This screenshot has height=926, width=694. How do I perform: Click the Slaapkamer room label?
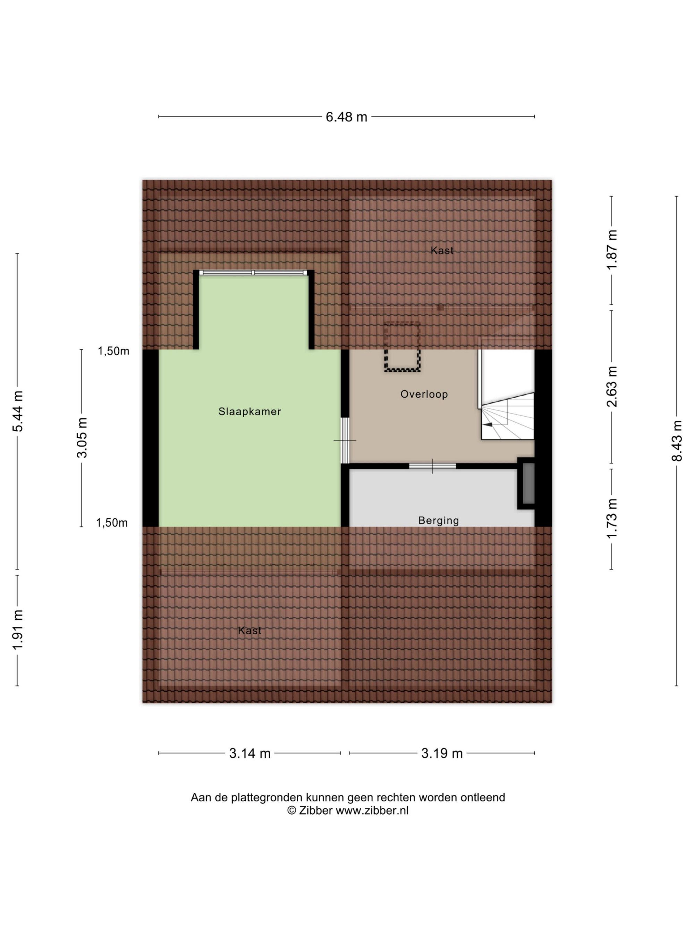[249, 411]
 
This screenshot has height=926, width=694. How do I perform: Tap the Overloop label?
[424, 394]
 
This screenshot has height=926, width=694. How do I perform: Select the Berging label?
[438, 520]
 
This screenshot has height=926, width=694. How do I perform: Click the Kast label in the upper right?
[442, 250]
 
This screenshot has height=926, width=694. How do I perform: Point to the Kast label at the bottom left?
[249, 631]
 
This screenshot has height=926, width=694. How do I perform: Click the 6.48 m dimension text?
[346, 117]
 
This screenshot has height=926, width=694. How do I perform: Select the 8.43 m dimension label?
[676, 441]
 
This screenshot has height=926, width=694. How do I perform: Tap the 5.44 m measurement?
[18, 411]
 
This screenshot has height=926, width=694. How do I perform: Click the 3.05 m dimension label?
[82, 437]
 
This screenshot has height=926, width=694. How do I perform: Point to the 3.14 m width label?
[250, 753]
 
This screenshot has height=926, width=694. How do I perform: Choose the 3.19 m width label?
[442, 753]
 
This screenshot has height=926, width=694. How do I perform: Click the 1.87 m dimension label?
[612, 250]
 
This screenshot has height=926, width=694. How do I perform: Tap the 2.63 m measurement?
[612, 386]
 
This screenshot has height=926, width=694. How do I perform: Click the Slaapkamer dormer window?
[253, 273]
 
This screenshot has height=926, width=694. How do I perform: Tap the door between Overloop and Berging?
[432, 466]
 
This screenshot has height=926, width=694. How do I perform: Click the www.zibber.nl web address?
[372, 810]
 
